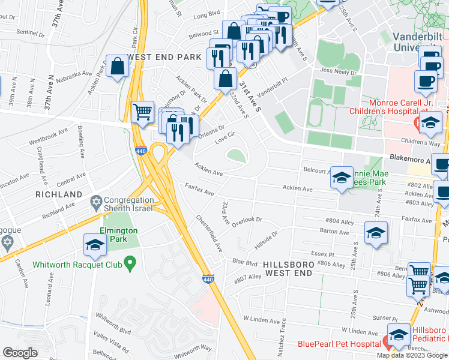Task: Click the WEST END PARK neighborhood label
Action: tap(163, 56)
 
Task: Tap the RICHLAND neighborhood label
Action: tap(58, 195)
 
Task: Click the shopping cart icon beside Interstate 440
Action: tap(142, 112)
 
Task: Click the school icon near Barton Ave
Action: tap(376, 233)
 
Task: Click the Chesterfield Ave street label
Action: tap(210, 233)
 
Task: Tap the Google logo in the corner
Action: tap(20, 353)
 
